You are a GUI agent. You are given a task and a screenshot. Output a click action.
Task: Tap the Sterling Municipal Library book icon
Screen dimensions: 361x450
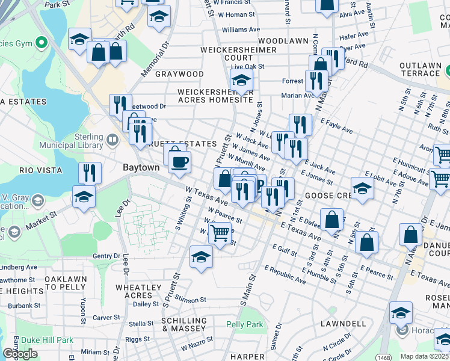tap(112, 140)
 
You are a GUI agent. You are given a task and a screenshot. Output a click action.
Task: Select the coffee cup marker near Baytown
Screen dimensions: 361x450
tap(179, 161)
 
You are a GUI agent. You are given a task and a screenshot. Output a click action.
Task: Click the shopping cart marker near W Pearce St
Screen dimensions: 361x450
tap(220, 232)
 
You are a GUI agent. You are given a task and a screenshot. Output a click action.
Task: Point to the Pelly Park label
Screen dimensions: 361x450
tap(245, 324)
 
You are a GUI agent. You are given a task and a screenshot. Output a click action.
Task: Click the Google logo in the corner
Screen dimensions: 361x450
tap(20, 354)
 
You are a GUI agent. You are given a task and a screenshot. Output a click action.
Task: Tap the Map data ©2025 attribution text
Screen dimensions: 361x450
tap(425, 356)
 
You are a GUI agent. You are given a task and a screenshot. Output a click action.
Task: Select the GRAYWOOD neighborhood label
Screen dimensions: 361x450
tap(179, 74)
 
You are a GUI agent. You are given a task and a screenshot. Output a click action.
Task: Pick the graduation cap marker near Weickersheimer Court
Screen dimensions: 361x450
tap(241, 80)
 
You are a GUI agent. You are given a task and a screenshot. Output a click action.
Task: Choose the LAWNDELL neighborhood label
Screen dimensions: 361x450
tap(344, 324)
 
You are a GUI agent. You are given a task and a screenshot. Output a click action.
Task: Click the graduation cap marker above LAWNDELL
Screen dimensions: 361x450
tap(401, 313)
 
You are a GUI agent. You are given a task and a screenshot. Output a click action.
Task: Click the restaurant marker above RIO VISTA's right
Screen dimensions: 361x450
tap(90, 173)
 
